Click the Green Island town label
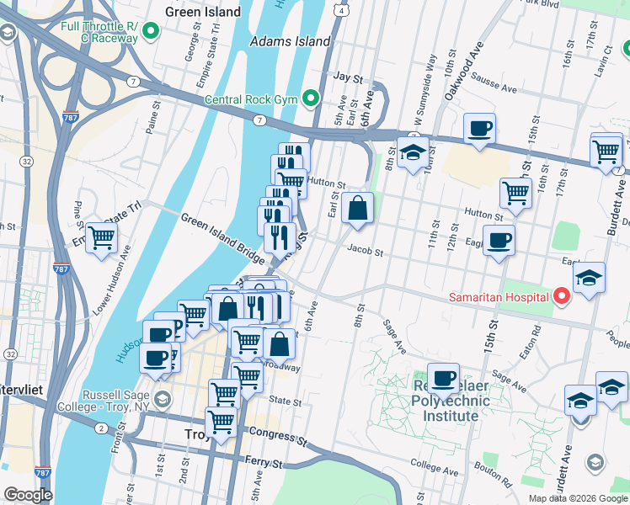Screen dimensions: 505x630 (x=203, y=13)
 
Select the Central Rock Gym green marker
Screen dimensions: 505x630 (x=310, y=99)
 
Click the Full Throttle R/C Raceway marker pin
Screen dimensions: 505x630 (x=152, y=32)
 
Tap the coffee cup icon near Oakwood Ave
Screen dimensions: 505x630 (x=479, y=129)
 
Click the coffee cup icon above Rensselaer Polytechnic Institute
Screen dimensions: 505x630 (x=443, y=378)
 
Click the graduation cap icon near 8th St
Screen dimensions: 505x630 (x=413, y=153)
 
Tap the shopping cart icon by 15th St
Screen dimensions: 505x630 (x=515, y=192)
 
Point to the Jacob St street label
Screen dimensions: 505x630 (x=365, y=251)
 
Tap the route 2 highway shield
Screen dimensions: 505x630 (x=100, y=428)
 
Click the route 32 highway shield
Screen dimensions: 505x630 (x=28, y=161)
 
